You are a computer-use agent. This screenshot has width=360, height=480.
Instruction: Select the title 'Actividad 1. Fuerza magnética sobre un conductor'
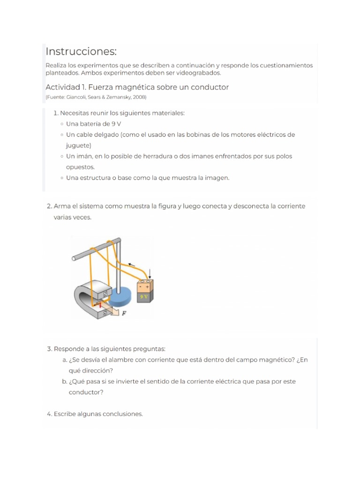point(137,87)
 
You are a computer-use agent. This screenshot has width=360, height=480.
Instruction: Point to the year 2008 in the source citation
point(139,97)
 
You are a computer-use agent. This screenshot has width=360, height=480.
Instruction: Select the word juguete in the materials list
point(78,145)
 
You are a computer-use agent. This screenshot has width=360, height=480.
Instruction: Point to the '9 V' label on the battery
point(143,297)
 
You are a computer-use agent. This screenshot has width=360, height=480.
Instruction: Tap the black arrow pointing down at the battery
point(150,273)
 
